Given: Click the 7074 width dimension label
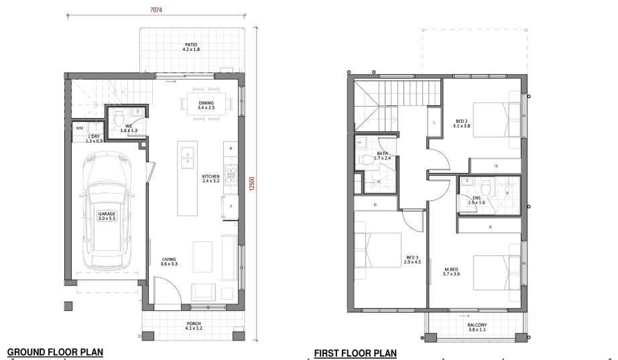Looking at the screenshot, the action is [x=156, y=10].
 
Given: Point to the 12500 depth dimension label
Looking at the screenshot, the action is [x=253, y=184].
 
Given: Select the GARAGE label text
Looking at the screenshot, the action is [x=107, y=214].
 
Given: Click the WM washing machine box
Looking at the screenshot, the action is [x=80, y=128].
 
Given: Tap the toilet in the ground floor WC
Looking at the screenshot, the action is [x=118, y=117].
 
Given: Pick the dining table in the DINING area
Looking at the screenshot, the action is [x=206, y=104].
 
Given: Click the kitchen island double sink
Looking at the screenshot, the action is [x=186, y=155].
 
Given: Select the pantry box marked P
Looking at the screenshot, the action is [x=231, y=149].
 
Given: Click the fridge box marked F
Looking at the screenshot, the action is [x=231, y=206].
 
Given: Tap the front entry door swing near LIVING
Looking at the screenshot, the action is [x=167, y=290].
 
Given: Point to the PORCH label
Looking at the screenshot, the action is [x=194, y=323].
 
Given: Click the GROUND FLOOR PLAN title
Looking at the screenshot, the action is [x=55, y=352].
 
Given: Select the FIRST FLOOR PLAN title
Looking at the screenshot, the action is [x=355, y=353].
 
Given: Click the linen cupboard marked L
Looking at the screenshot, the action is [x=434, y=122].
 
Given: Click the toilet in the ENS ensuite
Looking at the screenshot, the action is [x=485, y=186].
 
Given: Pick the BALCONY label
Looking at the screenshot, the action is [x=477, y=325].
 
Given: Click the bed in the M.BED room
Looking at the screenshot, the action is [x=496, y=273].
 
